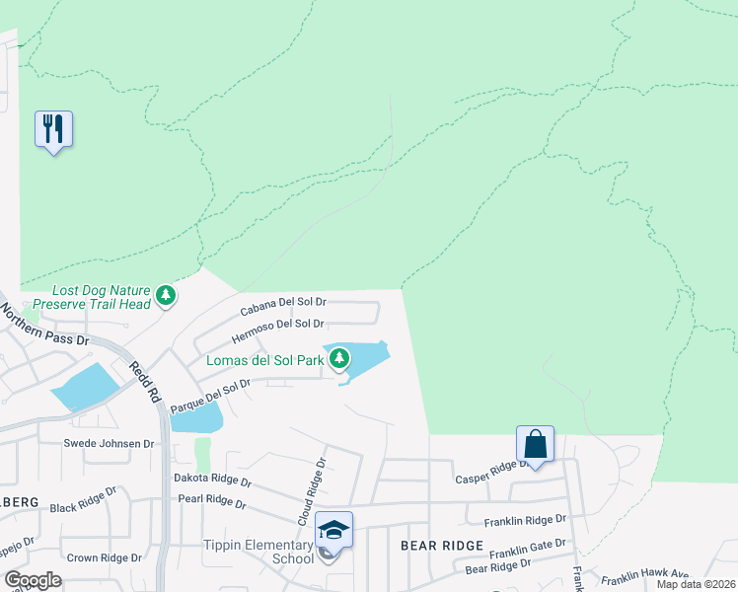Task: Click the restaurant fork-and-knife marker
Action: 53,129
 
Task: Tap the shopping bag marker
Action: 535,444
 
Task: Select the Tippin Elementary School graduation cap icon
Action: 333,531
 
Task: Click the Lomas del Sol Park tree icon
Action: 339,358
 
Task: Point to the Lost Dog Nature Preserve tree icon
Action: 166,294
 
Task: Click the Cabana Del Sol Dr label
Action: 284,305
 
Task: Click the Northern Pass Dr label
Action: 43,325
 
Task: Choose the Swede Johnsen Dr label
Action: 110,444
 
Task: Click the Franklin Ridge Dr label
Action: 525,520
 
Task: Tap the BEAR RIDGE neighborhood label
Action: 441,546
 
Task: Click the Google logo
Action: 33,579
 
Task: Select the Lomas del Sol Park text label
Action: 264,360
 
